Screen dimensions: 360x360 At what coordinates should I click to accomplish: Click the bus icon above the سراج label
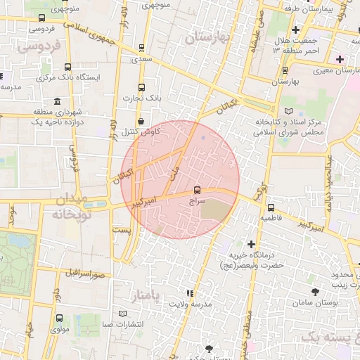pyautogui.click(x=196, y=190)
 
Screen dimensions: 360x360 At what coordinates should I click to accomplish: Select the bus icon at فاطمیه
pyautogui.click(x=271, y=207)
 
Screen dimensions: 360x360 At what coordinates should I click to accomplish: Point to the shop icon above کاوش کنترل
pyautogui.click(x=141, y=120)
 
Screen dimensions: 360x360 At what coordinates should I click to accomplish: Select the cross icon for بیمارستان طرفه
pyautogui.click(x=297, y=30)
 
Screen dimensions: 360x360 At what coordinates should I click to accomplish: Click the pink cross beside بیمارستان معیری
pyautogui.click(x=340, y=58)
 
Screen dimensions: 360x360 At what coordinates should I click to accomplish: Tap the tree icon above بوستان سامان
pyautogui.click(x=314, y=290)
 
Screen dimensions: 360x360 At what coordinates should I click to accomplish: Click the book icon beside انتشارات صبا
pyautogui.click(x=124, y=313)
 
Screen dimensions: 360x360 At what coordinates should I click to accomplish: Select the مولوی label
pyautogui.click(x=60, y=328)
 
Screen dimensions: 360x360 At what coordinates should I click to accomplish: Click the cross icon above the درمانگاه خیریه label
pyautogui.click(x=251, y=243)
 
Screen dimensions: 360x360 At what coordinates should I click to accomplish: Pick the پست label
pyautogui.click(x=122, y=230)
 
